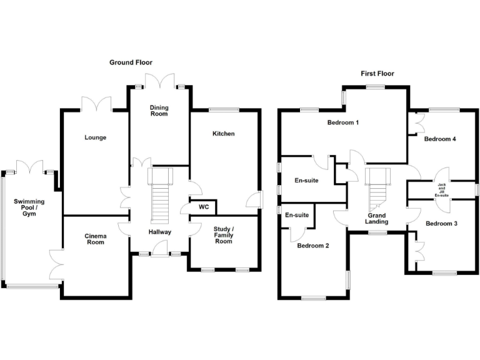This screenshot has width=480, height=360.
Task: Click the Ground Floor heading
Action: pos(131,62)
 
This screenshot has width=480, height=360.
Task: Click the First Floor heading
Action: pos(377,74)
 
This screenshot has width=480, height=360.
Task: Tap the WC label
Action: pos(204,207)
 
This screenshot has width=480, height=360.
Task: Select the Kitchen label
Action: pos(224,134)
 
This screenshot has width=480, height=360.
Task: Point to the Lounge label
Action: pos(96,137)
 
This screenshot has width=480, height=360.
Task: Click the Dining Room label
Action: pos(159,111)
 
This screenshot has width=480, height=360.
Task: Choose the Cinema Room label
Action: pos(96,239)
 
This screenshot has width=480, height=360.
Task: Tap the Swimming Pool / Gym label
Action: pos(29,207)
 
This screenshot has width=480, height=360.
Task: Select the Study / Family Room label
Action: pos(224,235)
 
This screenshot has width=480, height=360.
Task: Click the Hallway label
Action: pos(160,232)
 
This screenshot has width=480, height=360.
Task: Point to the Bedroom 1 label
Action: pos(343,122)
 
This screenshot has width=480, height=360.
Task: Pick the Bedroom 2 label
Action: pos(313,246)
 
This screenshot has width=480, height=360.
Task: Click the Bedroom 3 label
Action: pos(441,224)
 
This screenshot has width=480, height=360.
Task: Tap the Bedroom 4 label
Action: pos(440,139)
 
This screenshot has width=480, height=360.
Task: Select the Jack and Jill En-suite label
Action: pos(442,190)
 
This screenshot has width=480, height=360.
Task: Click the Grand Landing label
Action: pos(376,219)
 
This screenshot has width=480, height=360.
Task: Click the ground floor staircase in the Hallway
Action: pos(160,195)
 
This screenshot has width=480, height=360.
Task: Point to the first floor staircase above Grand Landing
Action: pos(377,190)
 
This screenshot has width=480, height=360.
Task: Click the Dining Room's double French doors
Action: pos(159,81)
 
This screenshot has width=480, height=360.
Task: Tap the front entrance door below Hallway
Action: pos(159,249)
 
